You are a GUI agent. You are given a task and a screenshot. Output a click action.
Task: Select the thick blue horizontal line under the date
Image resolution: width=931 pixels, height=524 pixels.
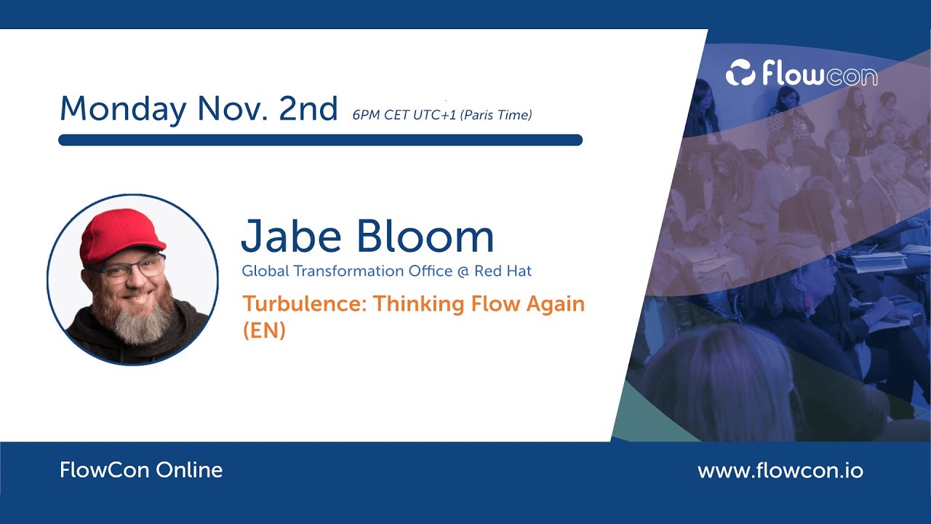pos(320,140)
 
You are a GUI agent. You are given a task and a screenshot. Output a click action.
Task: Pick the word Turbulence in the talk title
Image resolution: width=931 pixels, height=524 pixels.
pos(305,303)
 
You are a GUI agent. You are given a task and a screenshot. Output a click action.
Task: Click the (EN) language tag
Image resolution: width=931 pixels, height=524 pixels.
pos(263,330)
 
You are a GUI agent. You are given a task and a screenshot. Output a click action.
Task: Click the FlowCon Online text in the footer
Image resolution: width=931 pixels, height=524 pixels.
pos(141,470)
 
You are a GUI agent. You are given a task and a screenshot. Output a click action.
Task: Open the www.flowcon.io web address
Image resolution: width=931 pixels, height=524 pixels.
pos(780,471)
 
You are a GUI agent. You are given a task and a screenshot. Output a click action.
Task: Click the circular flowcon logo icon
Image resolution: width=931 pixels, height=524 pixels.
pos(740,74)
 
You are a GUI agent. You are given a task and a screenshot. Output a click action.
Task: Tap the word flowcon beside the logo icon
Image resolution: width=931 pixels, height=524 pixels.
pos(819,74)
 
